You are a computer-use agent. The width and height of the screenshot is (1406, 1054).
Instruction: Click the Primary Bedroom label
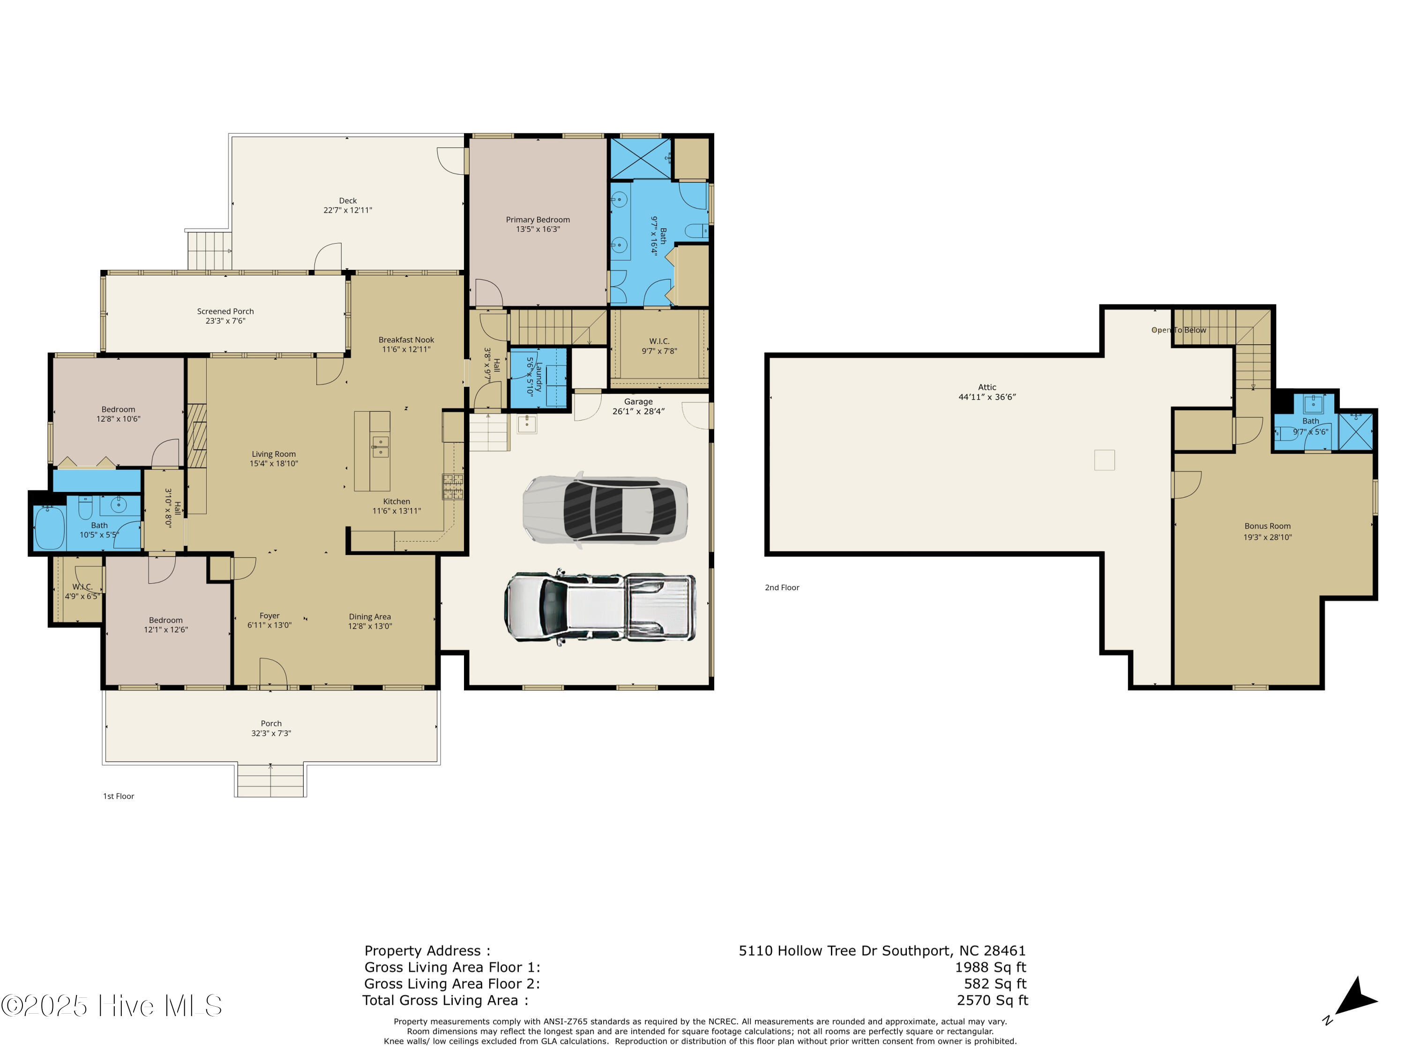pos(538,220)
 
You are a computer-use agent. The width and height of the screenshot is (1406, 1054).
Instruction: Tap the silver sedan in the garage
pos(605,508)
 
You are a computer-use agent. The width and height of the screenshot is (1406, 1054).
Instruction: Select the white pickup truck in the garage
pos(599,608)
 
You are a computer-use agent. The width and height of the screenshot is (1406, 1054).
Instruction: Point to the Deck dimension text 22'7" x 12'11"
pos(348,210)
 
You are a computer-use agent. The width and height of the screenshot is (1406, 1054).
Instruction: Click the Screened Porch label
pos(225,312)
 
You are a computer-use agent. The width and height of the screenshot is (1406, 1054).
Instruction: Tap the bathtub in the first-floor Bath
pos(50,527)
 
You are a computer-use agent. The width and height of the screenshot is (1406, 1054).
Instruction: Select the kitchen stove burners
pos(453,486)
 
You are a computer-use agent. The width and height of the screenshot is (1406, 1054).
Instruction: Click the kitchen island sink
pos(380,446)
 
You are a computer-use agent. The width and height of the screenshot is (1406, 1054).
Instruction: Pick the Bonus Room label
pos(1267,526)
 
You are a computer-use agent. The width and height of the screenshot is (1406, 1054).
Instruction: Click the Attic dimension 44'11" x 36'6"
pos(987,397)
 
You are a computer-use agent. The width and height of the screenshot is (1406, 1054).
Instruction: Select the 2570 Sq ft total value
pos(992,1000)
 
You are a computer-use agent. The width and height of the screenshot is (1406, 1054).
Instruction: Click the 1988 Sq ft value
pos(990,967)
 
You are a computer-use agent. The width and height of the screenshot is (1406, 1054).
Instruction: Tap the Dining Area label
pos(369,617)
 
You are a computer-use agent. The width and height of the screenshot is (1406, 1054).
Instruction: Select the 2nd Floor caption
pos(781,588)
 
